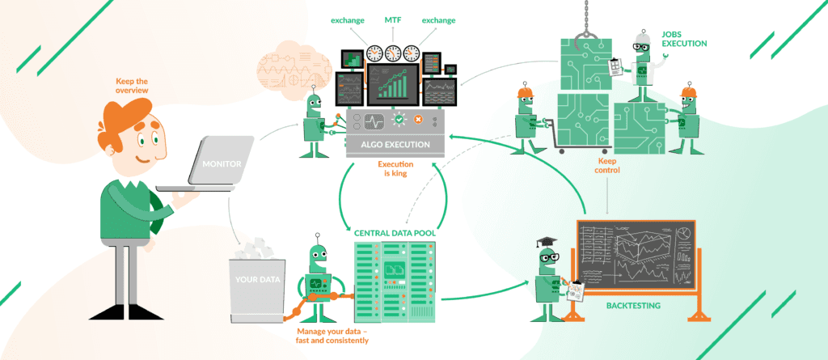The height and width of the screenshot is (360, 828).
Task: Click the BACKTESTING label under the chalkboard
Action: pyautogui.click(x=633, y=306)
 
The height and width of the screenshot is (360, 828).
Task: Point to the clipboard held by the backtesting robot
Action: pyautogui.click(x=577, y=290)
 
